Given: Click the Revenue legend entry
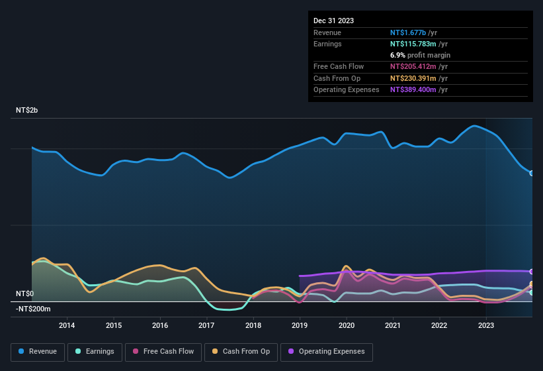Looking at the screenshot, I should (38, 351).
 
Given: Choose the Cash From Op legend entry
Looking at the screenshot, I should (241, 351).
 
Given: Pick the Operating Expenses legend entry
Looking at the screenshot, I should (327, 351).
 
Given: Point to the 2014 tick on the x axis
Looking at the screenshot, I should (66, 325).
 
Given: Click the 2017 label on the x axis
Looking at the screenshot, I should (206, 325).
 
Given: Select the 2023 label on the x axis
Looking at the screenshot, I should (485, 325).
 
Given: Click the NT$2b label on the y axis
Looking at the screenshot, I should (27, 110).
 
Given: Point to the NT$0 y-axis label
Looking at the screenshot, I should (24, 293).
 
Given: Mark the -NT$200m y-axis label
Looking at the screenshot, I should (33, 309).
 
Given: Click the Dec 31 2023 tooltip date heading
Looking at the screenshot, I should (333, 21).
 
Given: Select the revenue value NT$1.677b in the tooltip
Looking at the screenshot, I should (408, 32).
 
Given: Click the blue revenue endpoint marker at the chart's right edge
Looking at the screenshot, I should (532, 173).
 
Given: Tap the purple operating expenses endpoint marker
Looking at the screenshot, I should (532, 272).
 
